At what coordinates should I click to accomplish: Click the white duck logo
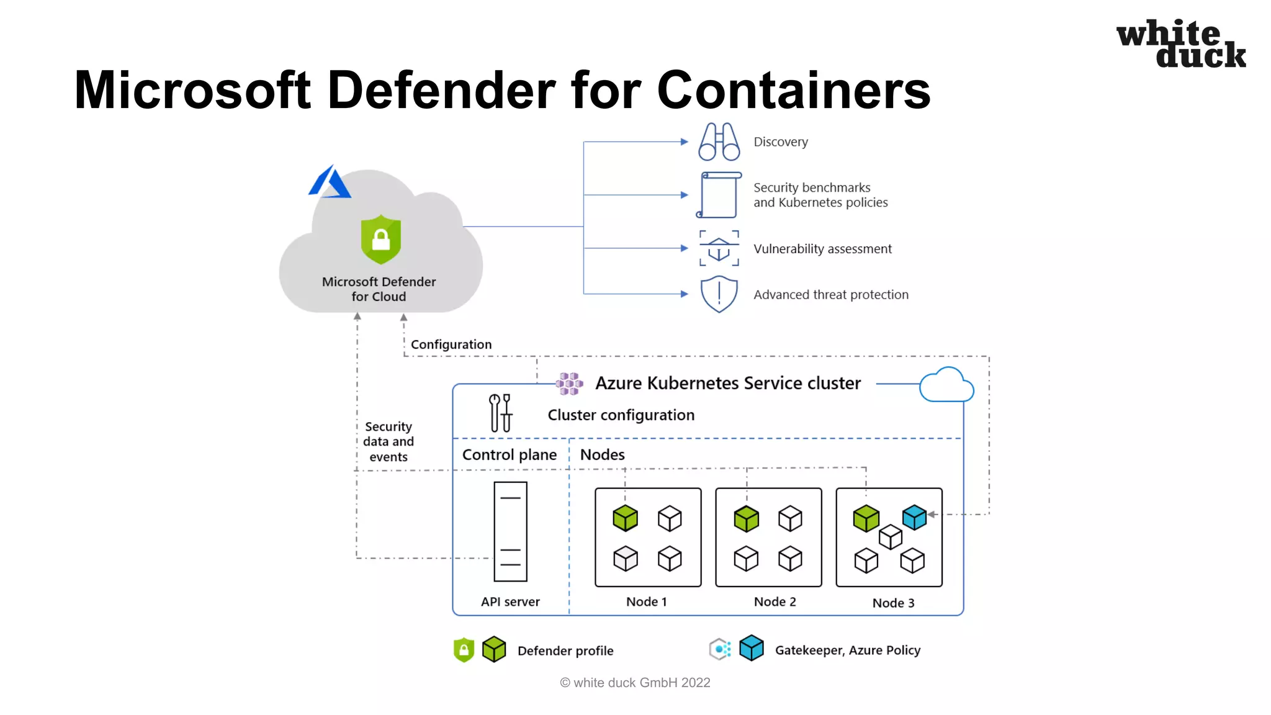click(x=1180, y=43)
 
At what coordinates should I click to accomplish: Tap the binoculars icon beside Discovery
click(x=719, y=142)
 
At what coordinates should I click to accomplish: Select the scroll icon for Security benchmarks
click(x=719, y=195)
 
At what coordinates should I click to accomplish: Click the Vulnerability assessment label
click(x=822, y=249)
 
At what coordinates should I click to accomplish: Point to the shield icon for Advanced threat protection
click(x=719, y=294)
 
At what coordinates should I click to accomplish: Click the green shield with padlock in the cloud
click(x=380, y=240)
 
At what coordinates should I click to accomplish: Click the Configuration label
click(x=451, y=344)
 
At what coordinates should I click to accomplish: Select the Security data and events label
click(x=388, y=441)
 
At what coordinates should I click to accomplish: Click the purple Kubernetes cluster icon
click(x=569, y=384)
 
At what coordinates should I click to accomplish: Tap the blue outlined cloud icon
click(x=946, y=385)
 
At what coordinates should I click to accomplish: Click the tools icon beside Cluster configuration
click(x=500, y=413)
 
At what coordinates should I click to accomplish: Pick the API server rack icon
click(x=510, y=531)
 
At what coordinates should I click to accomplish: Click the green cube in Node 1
click(x=625, y=518)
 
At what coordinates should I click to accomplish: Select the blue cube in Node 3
click(x=914, y=517)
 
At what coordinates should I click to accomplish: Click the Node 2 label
click(x=775, y=601)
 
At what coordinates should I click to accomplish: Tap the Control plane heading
click(x=509, y=455)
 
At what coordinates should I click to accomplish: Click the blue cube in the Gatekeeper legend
click(x=751, y=649)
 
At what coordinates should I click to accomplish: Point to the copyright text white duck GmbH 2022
click(x=635, y=683)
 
